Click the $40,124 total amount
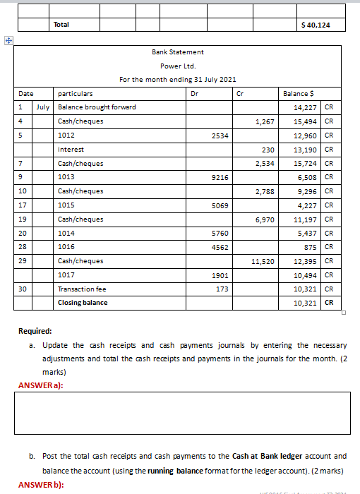[x=314, y=25]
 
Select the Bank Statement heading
[x=177, y=52]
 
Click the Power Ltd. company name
[x=177, y=66]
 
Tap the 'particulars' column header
[x=75, y=93]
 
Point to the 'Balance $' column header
[x=296, y=93]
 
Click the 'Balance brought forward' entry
[x=97, y=107]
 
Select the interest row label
[x=71, y=150]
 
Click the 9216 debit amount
[x=220, y=177]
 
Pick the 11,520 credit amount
[x=263, y=261]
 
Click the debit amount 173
[x=222, y=289]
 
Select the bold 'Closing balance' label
[x=83, y=303]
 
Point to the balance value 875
[x=308, y=247]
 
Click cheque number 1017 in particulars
[x=66, y=275]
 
